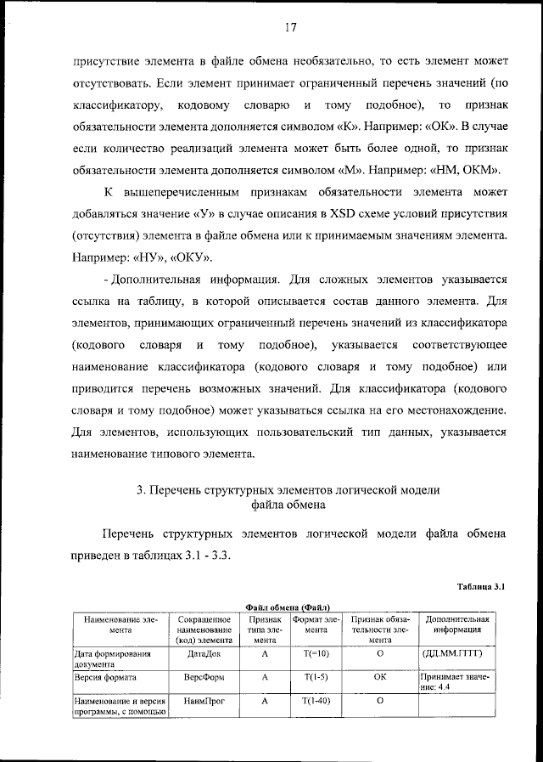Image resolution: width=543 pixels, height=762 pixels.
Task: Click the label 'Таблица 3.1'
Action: [x=481, y=586]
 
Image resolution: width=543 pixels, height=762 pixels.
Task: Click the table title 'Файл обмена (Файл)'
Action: [x=288, y=607]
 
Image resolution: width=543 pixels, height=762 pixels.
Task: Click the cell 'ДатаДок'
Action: [x=203, y=655]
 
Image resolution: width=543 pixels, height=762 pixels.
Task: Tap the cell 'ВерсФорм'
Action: [x=203, y=678]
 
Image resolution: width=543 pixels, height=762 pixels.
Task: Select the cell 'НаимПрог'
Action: [x=203, y=701]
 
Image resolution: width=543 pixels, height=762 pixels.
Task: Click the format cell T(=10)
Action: [x=315, y=655]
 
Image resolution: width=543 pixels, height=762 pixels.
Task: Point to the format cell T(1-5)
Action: [x=315, y=678]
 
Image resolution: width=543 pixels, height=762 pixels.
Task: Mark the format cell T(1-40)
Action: [x=315, y=701]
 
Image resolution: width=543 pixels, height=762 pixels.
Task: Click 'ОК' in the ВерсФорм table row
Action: [x=379, y=678]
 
